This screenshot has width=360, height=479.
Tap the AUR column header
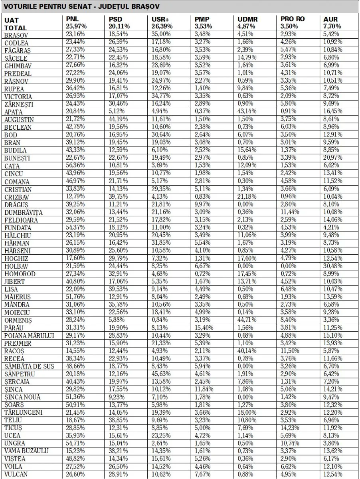point(330,19)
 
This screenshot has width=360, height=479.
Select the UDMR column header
point(247,19)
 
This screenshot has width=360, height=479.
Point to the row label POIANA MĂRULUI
point(29,336)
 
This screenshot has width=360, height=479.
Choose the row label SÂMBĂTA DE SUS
point(29,366)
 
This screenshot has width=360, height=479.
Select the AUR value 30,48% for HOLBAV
point(333,266)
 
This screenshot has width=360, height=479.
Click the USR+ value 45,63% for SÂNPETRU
point(161,374)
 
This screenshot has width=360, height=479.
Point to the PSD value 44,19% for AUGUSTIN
point(118,120)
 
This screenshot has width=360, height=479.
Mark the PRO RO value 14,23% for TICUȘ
point(290,428)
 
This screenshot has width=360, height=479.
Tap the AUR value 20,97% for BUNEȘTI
point(333,158)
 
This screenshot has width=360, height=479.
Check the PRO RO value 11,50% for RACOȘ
point(290,351)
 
